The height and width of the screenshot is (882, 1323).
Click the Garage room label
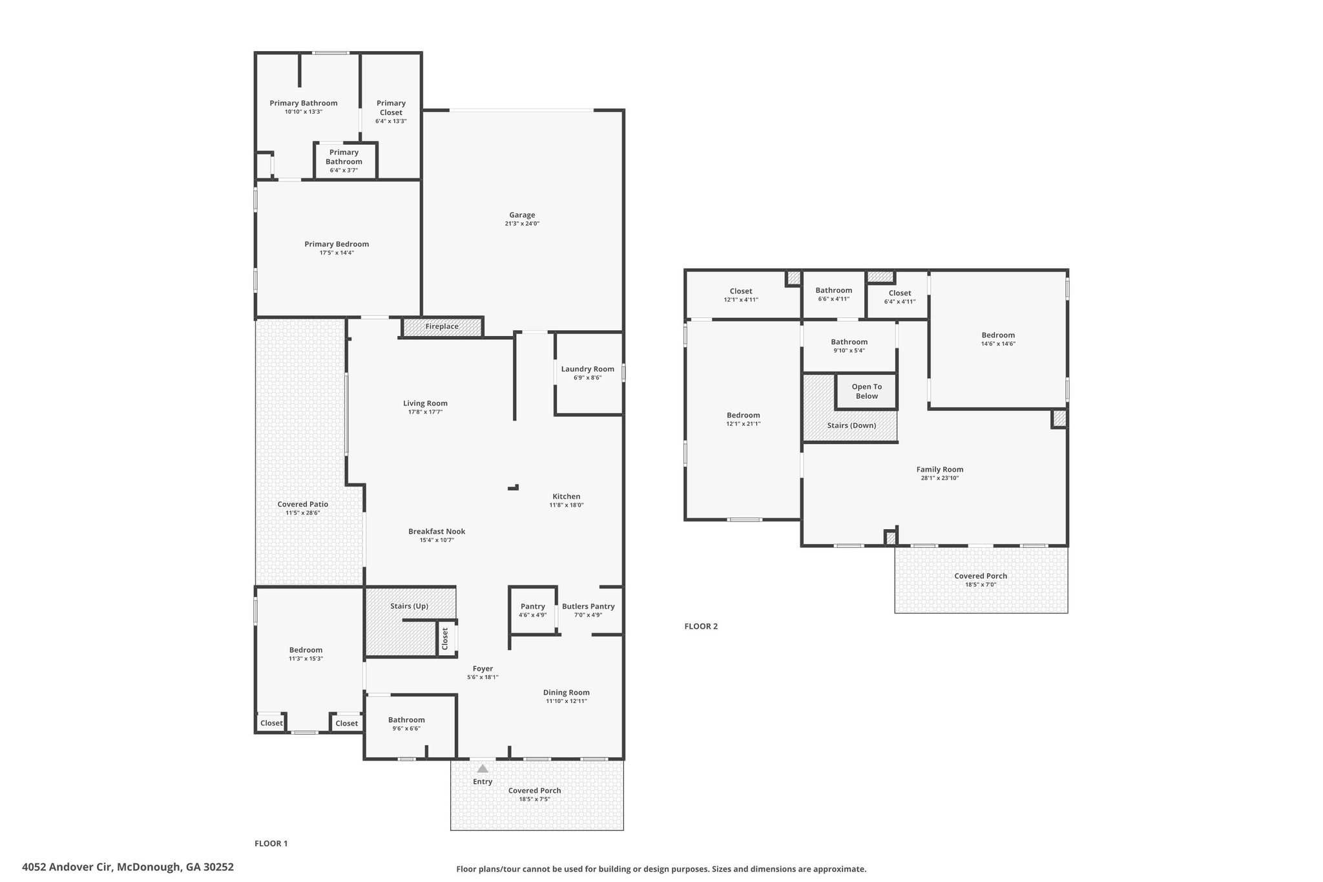pos(522,215)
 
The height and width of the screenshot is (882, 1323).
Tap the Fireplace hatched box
pos(443,327)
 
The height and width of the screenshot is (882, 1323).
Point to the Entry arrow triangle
pos(483,769)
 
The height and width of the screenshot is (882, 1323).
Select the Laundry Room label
pos(588,370)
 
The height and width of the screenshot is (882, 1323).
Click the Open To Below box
pos(866,392)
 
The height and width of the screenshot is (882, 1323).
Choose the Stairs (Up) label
pos(409,606)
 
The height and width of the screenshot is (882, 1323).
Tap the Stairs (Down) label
pos(851,426)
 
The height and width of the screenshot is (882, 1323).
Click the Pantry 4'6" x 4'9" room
pos(533,611)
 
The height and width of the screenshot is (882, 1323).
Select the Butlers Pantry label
pos(588,607)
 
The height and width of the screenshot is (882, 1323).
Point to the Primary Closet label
pos(391,108)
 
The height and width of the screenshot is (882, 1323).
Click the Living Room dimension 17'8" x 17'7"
pos(425,412)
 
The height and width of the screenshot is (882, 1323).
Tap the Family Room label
pos(940,470)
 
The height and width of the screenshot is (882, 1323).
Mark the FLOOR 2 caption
pos(701,626)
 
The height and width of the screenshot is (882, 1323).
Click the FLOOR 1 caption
pos(271,843)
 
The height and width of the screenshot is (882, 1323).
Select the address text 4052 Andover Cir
pos(67,867)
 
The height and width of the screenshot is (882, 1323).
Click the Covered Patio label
pos(303,505)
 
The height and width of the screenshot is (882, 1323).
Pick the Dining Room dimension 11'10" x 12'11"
pos(566,701)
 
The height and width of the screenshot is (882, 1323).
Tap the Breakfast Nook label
pos(437,532)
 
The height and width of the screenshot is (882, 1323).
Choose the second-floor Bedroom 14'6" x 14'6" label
pos(998,335)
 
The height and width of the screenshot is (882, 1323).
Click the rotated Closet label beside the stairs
pos(445,638)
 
